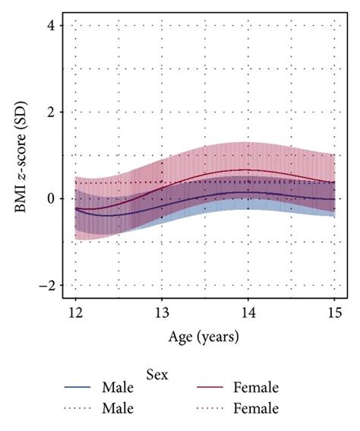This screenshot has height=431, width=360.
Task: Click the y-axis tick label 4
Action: pos(51,26)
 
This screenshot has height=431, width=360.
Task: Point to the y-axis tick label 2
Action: pos(51,113)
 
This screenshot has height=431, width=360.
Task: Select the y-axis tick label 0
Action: pos(51,199)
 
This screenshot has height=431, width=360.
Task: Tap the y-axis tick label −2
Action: pos(47,286)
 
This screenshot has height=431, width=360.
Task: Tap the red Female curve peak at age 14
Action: pos(248,170)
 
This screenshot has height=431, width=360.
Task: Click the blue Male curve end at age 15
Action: pos(333,198)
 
